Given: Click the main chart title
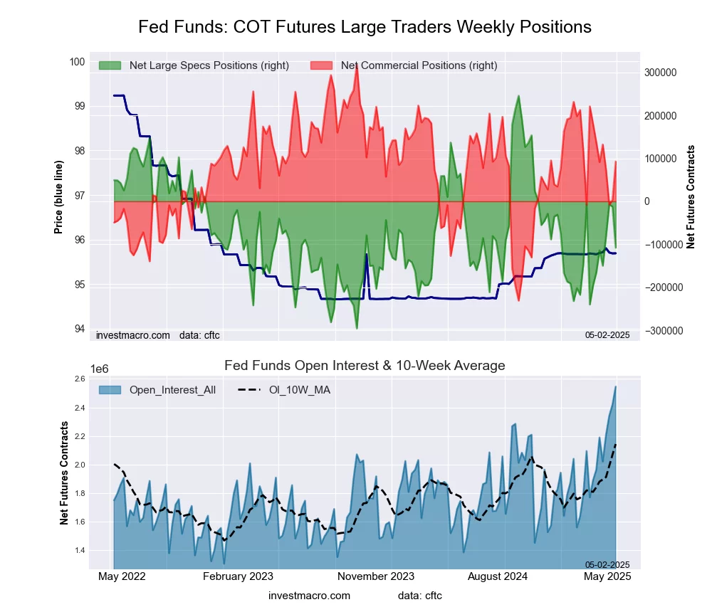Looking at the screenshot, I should [x=365, y=27].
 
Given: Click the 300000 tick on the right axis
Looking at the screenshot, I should [x=660, y=73].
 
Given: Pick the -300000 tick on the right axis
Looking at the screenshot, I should [x=659, y=331].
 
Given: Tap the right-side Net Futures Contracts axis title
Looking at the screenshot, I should [x=691, y=196].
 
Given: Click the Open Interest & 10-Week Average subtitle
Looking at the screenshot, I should [x=365, y=366].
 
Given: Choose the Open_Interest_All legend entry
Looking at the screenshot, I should [x=172, y=389].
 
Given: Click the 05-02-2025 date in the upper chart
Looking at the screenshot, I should [x=607, y=334].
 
